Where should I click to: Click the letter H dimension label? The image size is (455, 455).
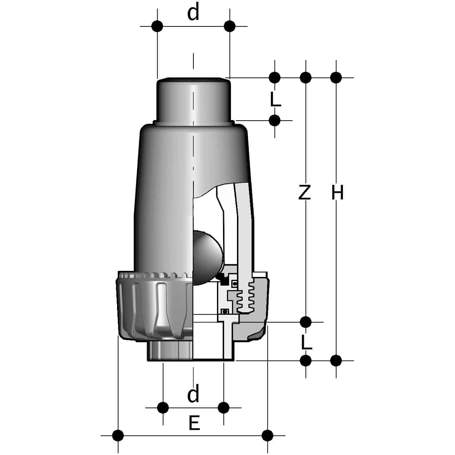pos(337,193)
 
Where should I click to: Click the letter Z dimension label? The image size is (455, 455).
pos(304,193)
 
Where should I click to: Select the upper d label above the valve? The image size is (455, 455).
pos(193,14)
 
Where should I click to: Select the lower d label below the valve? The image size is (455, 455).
pos(193,394)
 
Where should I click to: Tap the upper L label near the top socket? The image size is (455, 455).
pos(275,100)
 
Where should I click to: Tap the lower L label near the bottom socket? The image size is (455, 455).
pos(306,342)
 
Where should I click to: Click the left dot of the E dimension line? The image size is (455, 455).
pos(118,435)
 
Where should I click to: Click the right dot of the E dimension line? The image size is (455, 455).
pos(267,435)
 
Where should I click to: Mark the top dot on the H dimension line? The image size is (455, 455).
pos(336,77)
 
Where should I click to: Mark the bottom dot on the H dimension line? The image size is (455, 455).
pos(336,360)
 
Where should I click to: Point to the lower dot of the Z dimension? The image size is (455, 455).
pos(305,322)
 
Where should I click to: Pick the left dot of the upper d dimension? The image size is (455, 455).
pos(157,26)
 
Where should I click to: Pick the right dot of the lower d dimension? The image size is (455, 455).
pos(224,407)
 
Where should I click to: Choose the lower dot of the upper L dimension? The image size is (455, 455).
pos(274,121)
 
